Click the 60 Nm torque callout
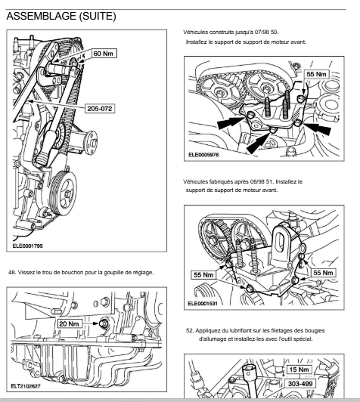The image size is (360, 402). tap(104, 54)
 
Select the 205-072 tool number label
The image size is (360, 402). tap(100, 109)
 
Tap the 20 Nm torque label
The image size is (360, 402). tap(69, 324)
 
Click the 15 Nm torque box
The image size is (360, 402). tap(299, 370)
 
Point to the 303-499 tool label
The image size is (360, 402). tap(300, 384)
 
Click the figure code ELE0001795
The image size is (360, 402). tap(27, 246)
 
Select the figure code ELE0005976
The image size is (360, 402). tap(203, 155)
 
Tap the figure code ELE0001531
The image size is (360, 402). tap(203, 304)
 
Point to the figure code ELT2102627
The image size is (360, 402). tap(26, 386)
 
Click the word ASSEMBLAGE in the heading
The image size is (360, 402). tap(41, 16)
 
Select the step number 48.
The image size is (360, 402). tap(12, 272)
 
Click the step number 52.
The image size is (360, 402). tap(189, 330)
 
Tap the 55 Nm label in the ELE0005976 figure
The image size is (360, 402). tap(316, 74)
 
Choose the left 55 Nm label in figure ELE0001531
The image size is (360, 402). tap(203, 275)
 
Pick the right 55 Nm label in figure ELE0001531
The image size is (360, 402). tap(323, 273)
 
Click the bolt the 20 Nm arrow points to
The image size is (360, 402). tap(104, 324)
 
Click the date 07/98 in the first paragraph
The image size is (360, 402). tap(262, 32)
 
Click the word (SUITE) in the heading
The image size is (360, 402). tap(98, 16)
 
